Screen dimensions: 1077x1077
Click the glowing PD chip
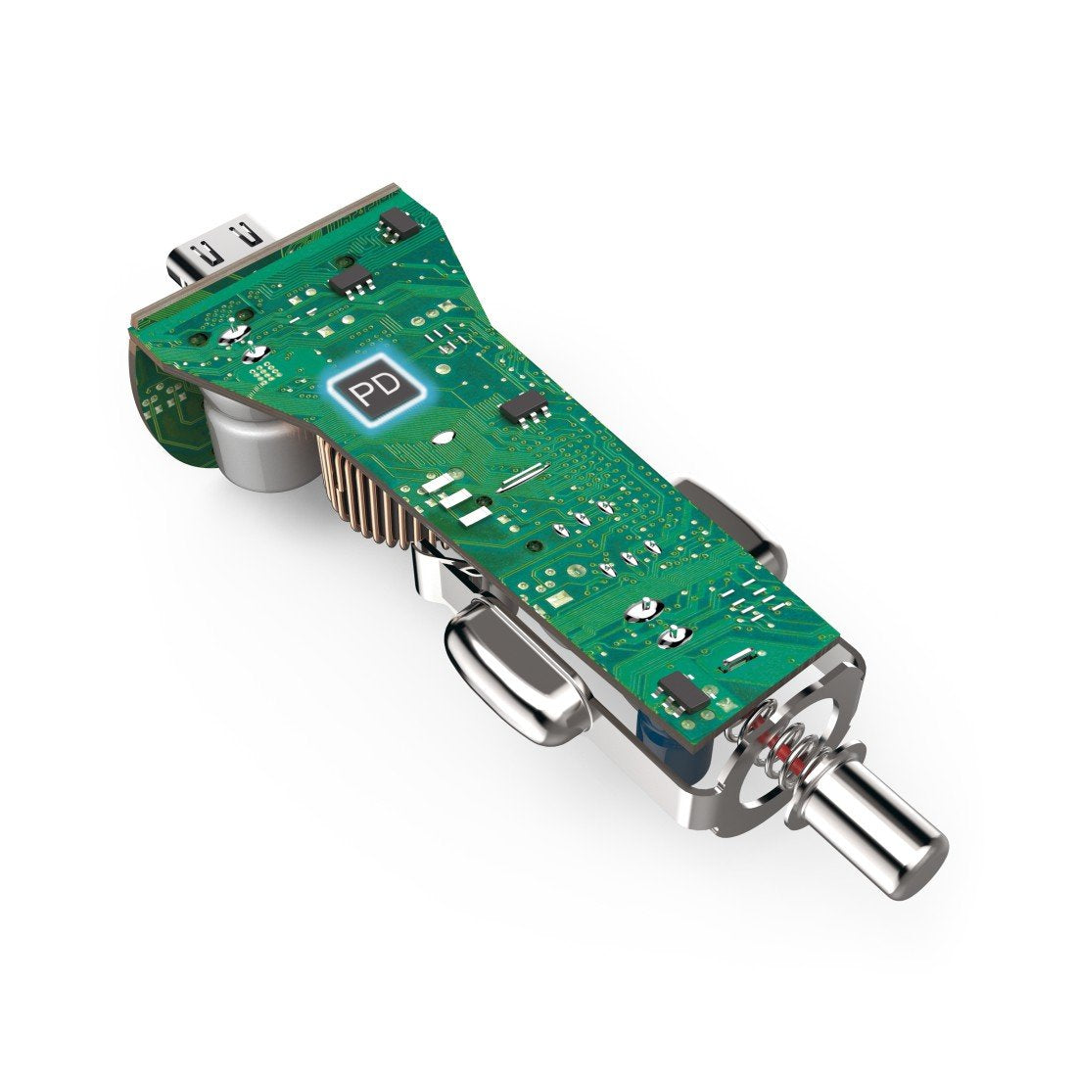[376, 387]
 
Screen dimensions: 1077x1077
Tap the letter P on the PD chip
[362, 394]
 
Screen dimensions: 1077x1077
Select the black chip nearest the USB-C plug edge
[399, 223]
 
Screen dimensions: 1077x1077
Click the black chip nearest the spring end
[682, 692]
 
